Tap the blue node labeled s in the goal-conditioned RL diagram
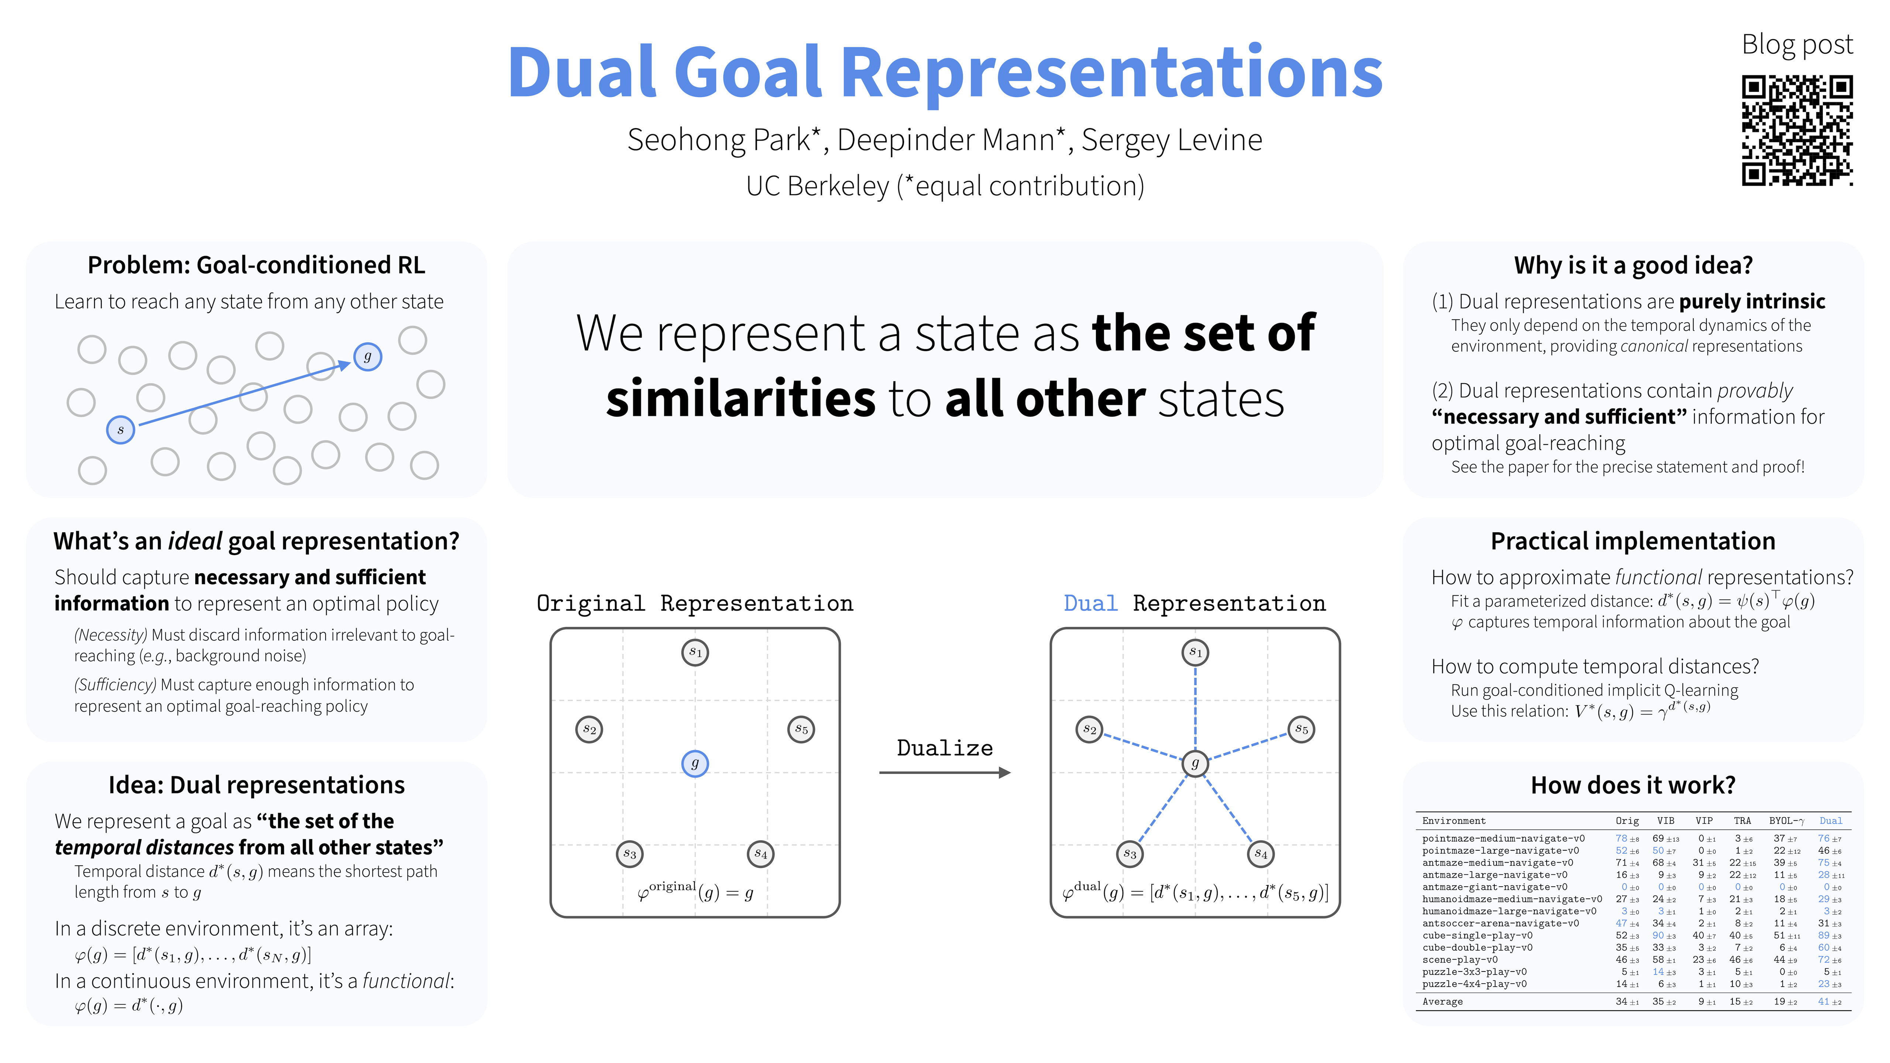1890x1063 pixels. pyautogui.click(x=120, y=429)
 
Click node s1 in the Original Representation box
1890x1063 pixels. pyautogui.click(x=695, y=652)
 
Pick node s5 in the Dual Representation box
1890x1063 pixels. pyautogui.click(x=1301, y=729)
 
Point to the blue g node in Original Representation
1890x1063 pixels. pyautogui.click(x=695, y=764)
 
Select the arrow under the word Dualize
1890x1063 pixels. pyautogui.click(x=944, y=773)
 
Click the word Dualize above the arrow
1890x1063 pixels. pyautogui.click(x=944, y=748)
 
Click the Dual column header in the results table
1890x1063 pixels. pyautogui.click(x=1831, y=821)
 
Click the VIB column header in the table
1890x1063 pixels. pyautogui.click(x=1666, y=821)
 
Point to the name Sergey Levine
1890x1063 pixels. pyautogui.click(x=1172, y=140)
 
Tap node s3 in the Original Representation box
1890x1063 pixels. pyautogui.click(x=629, y=854)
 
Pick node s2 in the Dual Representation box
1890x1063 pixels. pyautogui.click(x=1090, y=729)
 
